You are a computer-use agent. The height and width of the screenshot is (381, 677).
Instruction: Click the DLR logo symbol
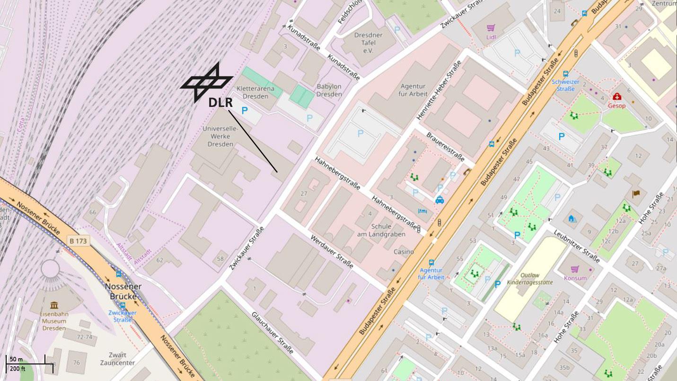pos(207,82)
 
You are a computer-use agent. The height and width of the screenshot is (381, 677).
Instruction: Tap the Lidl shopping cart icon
pos(491,28)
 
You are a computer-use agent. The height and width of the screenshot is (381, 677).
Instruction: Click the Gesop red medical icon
pos(617,97)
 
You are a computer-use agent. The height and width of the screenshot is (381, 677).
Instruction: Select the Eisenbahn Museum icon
pos(54,305)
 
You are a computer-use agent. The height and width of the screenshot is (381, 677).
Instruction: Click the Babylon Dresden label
pos(329,90)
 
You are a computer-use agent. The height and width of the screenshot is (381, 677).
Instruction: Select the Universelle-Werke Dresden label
pos(220,136)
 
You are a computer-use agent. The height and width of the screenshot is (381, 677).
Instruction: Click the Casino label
pos(404,252)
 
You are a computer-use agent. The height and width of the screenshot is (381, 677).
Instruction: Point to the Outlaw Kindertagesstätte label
pos(529,278)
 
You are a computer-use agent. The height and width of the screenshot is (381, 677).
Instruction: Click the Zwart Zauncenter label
pos(117,359)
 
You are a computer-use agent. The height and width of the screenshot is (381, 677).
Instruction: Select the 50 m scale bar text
pos(16,360)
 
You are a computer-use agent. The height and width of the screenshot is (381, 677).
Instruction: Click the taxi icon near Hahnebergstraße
pos(440,200)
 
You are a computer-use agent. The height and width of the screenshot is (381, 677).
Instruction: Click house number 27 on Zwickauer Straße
pos(304,193)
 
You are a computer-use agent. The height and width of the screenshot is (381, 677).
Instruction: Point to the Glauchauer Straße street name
pos(273,332)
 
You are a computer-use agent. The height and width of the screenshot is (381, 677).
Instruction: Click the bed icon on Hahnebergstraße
pos(422,211)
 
